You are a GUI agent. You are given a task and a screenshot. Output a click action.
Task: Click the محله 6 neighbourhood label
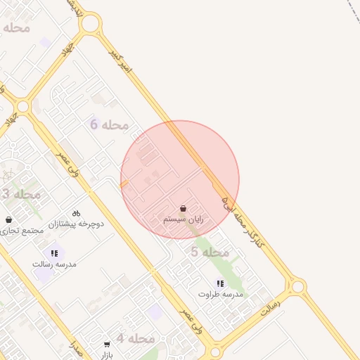click(109, 124)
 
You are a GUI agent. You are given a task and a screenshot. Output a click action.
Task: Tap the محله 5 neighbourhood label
click(210, 252)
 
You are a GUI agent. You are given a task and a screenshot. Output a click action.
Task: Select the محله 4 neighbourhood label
click(135, 338)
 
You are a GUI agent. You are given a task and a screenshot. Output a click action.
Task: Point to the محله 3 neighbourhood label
click(20, 194)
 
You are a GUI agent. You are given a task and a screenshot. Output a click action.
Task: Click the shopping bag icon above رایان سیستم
click(183, 209)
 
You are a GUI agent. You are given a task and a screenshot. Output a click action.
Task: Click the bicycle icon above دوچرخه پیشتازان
click(76, 213)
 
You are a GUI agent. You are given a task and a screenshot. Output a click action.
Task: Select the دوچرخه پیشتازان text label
click(76, 224)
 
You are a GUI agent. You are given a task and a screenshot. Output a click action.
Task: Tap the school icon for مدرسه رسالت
click(54, 253)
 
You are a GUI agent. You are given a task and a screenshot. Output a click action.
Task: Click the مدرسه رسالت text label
click(54, 264)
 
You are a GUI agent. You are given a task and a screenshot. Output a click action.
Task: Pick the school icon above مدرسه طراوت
click(220, 283)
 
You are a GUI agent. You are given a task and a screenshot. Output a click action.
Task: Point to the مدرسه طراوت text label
click(220, 294)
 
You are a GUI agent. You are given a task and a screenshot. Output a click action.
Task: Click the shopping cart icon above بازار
click(107, 345)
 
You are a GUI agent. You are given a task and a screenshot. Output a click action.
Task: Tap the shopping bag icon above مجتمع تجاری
click(8, 220)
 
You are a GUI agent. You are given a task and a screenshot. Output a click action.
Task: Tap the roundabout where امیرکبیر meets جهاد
click(90, 24)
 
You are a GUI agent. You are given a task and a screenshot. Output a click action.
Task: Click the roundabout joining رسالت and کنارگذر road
click(297, 286)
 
